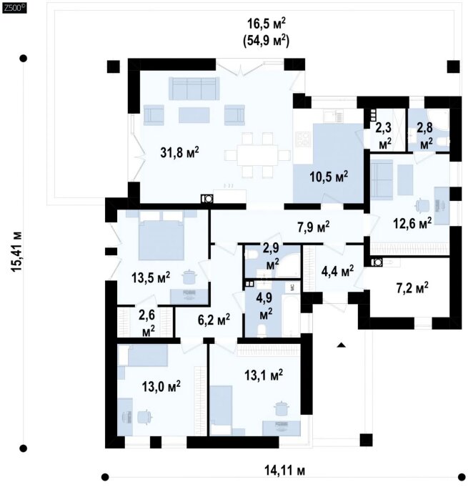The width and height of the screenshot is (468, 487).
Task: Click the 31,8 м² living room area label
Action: coord(179,152)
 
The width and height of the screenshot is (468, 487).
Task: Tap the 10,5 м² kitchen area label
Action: coord(329,177)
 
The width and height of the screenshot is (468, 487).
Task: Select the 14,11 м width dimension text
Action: coord(284,471)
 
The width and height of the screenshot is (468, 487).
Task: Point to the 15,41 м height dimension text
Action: coord(17,252)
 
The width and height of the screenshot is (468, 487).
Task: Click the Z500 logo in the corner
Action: coord(14,9)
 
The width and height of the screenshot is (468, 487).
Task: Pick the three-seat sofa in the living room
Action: coord(193,89)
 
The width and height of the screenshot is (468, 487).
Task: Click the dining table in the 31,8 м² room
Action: coord(258,155)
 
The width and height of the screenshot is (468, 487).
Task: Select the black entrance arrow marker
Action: coord(342,345)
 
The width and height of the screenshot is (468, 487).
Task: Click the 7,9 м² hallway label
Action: coord(314,227)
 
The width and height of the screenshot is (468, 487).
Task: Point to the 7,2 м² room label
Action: coord(412,287)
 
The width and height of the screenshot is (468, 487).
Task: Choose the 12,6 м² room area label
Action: coord(412,222)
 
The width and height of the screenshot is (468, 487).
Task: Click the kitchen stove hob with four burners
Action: coord(302,139)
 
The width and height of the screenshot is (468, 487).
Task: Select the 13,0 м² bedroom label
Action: coord(161,387)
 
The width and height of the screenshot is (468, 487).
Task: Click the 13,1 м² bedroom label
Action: coord(264,375)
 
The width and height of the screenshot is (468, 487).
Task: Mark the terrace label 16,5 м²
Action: coord(266,24)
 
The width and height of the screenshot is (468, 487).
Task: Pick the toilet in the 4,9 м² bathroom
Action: coord(262,331)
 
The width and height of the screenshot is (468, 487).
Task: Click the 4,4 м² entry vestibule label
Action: coord(338,271)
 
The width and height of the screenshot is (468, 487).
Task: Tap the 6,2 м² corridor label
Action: coord(214,319)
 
